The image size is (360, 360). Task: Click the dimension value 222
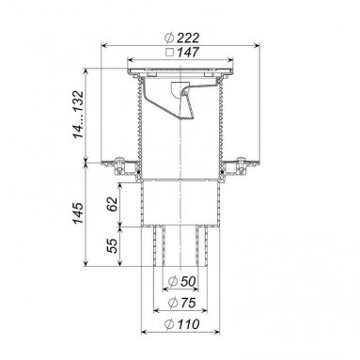pos(188,39)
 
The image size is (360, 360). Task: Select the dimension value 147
pos(188,52)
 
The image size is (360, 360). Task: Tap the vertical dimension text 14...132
pos(78,115)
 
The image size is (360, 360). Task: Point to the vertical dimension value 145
pos(78,213)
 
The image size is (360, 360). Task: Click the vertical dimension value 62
pos(112,204)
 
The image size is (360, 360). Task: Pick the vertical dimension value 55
pos(112,245)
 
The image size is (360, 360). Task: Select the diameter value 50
pos(188,281)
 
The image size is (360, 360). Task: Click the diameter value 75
pos(188,303)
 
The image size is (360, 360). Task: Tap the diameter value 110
pos(188,324)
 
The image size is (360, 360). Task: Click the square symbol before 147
pos(169,52)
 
